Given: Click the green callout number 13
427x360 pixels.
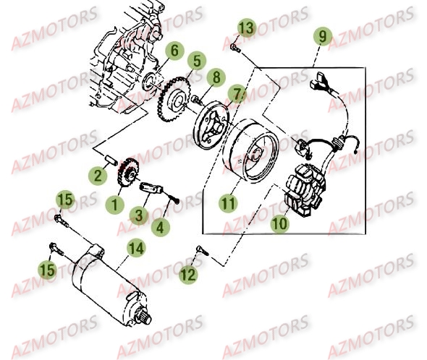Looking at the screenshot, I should pos(246,28).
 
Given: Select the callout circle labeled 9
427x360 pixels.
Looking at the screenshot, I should pos(322,35).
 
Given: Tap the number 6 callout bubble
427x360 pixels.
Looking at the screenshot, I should pos(173,51).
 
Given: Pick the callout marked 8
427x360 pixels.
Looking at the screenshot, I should pos(214,77).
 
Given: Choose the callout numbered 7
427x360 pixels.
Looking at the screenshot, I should pos(236,93).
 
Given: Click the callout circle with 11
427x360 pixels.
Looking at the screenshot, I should pos(229,203).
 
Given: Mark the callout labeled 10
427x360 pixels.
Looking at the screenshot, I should pos(279,224).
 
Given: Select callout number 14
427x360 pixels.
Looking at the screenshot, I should pos(135,248).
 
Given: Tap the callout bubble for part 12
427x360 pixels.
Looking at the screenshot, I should pos(187,274).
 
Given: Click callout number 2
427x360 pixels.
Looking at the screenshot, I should pos(96,175).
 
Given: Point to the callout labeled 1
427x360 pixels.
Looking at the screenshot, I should pos(114,205).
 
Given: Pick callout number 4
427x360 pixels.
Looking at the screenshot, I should pos(161,226).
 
